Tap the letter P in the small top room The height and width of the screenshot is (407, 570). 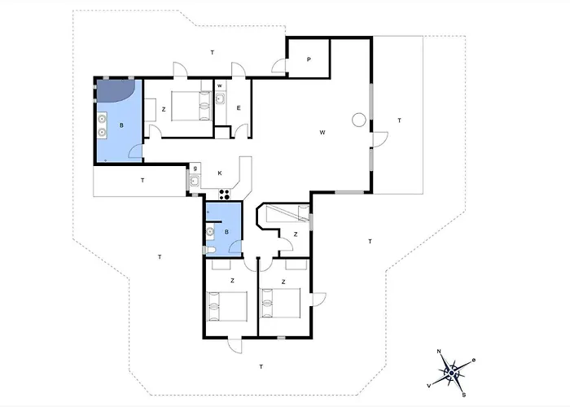click(309, 59)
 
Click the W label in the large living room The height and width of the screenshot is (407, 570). click(322, 132)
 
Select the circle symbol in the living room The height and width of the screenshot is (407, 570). click(357, 120)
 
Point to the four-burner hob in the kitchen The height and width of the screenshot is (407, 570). click(225, 194)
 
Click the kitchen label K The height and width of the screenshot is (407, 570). click(220, 173)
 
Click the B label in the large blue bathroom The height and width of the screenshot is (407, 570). click(121, 126)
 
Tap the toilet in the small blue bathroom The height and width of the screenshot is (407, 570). click(210, 248)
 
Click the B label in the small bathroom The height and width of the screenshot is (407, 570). click(227, 231)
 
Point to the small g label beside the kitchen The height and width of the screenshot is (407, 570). click(196, 168)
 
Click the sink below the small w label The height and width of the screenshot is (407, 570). click(221, 99)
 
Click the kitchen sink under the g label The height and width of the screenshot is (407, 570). click(195, 181)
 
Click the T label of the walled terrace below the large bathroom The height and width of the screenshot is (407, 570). click(142, 179)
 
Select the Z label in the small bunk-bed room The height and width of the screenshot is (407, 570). click(296, 234)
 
